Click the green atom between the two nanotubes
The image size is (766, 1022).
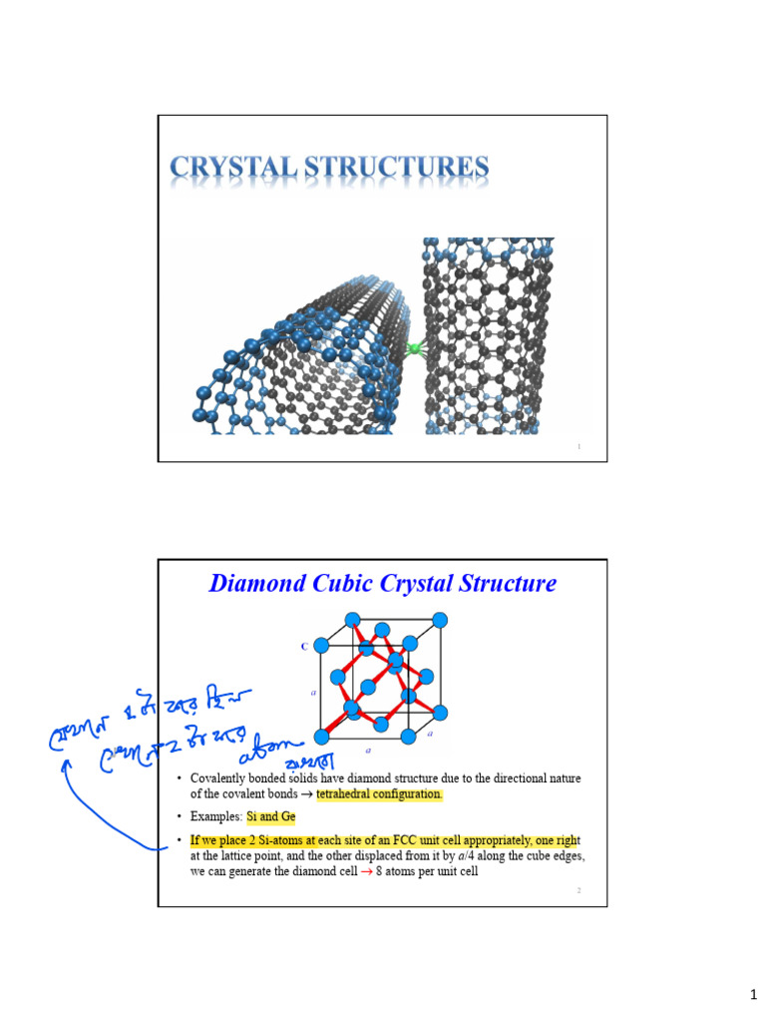point(412,349)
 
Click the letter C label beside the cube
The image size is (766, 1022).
point(304,647)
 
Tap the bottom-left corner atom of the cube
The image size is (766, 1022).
point(321,737)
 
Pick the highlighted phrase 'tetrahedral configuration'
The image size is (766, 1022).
point(379,794)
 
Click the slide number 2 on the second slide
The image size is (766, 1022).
point(578,888)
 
